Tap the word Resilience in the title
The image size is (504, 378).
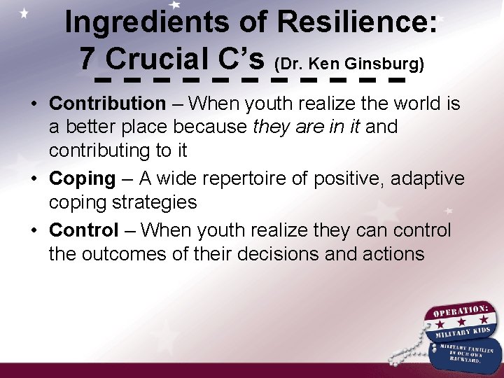(358, 23)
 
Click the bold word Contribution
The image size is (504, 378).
(107, 104)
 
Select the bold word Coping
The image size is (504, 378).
(82, 178)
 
